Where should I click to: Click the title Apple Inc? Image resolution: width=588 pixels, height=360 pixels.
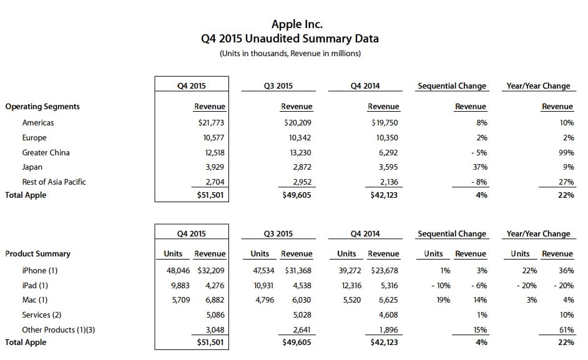[x=296, y=24]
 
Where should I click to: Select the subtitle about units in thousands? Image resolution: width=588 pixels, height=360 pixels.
[x=290, y=54]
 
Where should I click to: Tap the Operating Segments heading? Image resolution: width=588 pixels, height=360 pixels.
[x=42, y=107]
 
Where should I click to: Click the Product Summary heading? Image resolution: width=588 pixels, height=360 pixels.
[x=38, y=254]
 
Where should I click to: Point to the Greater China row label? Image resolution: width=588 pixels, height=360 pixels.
[x=46, y=152]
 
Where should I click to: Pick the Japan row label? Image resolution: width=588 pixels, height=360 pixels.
[x=32, y=167]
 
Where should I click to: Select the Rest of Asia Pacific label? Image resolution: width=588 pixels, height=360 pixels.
[x=54, y=182]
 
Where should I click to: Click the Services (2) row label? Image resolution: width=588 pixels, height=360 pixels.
[x=42, y=315]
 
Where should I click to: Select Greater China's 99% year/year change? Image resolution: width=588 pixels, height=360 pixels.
[x=566, y=152]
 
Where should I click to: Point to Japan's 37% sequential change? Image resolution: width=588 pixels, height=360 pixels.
[x=480, y=167]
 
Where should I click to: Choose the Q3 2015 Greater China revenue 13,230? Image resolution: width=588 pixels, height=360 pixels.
[x=299, y=152]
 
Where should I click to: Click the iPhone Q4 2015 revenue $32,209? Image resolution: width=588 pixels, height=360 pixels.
[x=210, y=271]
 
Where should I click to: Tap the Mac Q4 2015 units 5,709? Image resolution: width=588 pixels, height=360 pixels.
[x=173, y=300]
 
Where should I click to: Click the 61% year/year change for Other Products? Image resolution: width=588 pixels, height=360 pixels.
[x=566, y=329]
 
